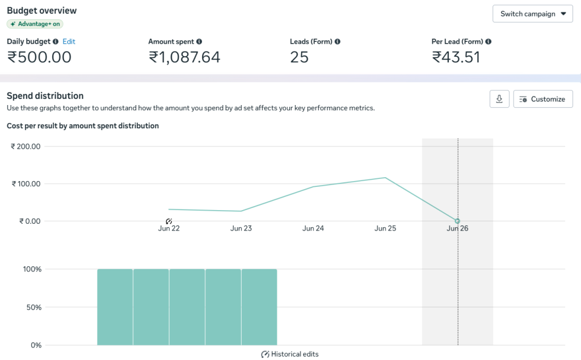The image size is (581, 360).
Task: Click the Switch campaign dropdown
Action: (532, 14)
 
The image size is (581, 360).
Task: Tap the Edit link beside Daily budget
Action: (69, 41)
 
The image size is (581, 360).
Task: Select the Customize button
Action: (543, 99)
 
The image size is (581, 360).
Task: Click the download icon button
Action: (499, 99)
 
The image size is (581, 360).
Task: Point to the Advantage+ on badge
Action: (35, 24)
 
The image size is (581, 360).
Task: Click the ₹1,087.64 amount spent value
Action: (184, 57)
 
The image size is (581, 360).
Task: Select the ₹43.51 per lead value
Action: (456, 57)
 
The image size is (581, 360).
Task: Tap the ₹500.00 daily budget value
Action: (39, 57)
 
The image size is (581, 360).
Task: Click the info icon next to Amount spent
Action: (199, 41)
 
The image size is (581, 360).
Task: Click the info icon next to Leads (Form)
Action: (337, 41)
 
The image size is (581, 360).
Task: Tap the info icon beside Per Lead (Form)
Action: (489, 41)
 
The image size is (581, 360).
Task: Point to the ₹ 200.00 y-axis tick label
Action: (26, 146)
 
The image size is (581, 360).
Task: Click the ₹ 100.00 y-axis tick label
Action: (26, 184)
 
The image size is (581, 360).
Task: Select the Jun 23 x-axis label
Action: (241, 228)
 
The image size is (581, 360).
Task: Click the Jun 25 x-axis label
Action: (385, 228)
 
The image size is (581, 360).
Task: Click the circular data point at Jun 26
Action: (458, 221)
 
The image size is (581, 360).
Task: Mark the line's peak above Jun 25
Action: (385, 178)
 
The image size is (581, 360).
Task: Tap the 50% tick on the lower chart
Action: (33, 307)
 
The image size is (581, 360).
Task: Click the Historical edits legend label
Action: (294, 354)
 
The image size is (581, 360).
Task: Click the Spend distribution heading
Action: (45, 95)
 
